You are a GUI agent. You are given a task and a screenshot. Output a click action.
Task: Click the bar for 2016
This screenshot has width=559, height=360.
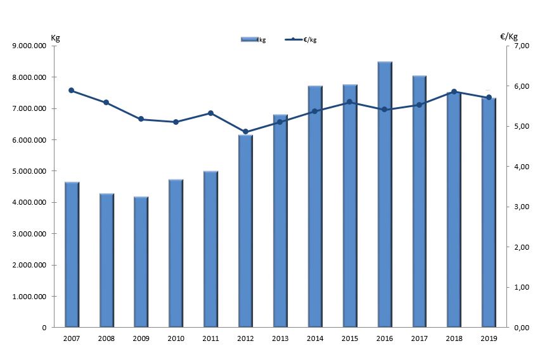tap(385, 195)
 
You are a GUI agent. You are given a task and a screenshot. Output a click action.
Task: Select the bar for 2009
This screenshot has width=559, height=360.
tap(141, 262)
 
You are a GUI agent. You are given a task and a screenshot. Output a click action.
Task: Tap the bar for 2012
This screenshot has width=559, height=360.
tap(245, 231)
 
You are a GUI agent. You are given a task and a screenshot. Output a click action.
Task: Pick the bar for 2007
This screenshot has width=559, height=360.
tap(72, 254)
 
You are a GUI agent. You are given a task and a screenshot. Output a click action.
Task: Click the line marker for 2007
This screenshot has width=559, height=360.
tap(72, 91)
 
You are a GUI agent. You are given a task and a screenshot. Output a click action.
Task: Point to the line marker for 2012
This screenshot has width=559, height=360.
tap(245, 132)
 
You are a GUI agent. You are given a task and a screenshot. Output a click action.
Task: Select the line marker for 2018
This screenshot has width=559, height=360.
tap(454, 92)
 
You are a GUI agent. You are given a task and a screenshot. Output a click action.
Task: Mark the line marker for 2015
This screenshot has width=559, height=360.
tap(349, 102)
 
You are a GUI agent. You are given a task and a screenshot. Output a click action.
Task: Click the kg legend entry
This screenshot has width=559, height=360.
tap(254, 40)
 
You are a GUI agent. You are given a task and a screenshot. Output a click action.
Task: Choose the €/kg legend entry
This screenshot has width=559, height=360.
tap(301, 40)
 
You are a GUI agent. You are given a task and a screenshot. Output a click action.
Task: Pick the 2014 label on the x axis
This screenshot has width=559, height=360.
tap(315, 339)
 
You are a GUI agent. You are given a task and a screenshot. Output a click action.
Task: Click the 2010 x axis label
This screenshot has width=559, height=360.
tap(176, 339)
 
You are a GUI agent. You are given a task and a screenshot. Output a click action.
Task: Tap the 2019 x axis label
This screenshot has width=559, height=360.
tap(489, 339)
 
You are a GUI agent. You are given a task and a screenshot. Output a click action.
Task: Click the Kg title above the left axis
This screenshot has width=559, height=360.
tap(55, 37)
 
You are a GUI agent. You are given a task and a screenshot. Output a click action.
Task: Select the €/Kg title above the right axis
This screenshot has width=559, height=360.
tap(509, 37)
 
